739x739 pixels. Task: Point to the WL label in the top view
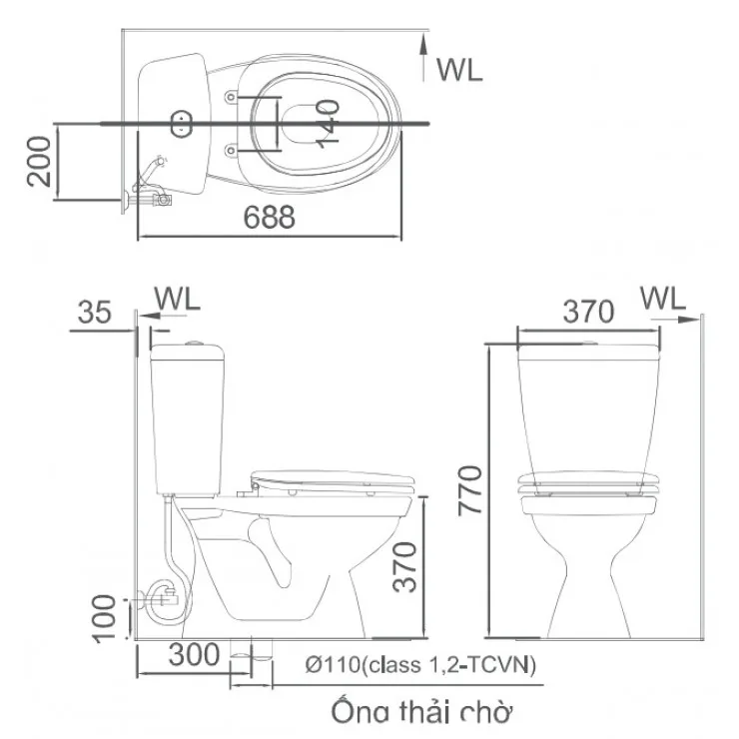[459, 69]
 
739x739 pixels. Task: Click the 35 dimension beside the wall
[95, 313]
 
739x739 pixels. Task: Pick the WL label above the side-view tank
[178, 298]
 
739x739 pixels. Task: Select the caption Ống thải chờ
[421, 712]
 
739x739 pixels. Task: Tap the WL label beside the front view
[662, 298]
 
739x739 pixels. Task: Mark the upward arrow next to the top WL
[426, 58]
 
